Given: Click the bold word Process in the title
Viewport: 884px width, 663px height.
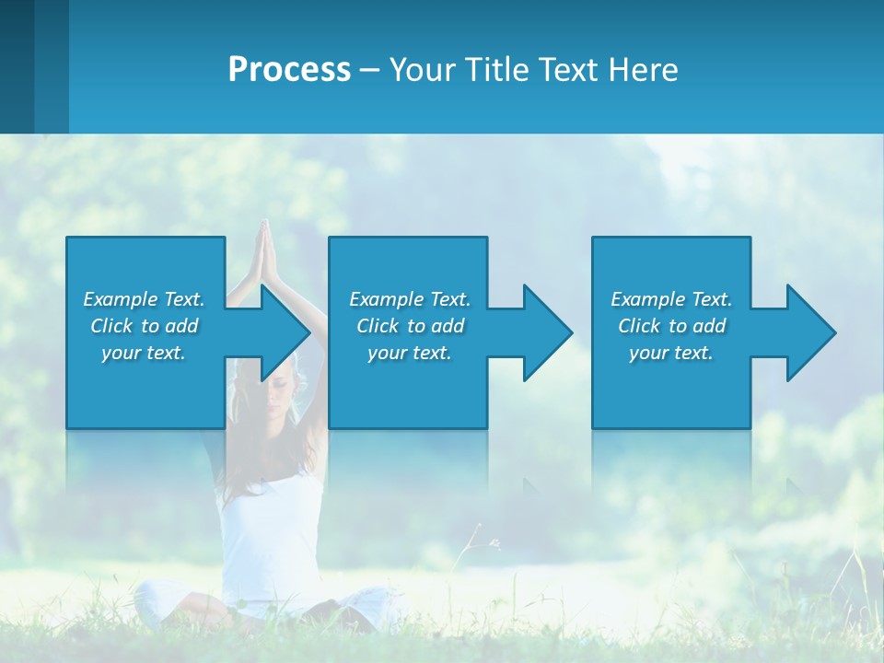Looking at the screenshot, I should point(289,70).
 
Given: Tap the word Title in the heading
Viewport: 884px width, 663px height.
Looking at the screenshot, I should point(494,70).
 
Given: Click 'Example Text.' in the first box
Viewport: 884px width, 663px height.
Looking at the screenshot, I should point(145,299).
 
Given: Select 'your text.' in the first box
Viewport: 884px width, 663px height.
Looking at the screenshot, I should point(145,353).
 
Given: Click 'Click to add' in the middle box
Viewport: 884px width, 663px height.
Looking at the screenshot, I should point(410,326).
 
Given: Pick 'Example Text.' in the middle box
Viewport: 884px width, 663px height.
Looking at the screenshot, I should point(410,299).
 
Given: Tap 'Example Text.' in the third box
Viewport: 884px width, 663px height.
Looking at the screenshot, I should point(671,299).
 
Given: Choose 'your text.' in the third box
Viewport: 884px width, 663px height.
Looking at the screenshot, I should point(671,353).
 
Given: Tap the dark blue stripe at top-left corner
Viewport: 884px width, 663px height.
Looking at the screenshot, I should point(17,64).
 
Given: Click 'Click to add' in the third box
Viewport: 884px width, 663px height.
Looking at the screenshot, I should point(671,326).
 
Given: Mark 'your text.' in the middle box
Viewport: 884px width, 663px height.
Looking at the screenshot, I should point(410,353).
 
